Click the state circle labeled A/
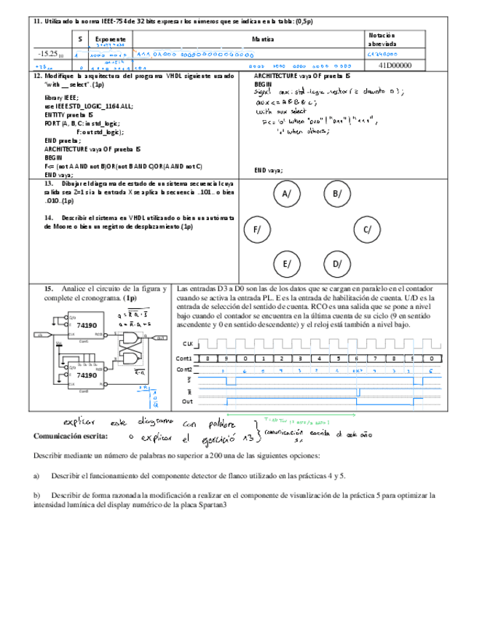pyautogui.click(x=287, y=194)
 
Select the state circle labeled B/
pyautogui.click(x=337, y=194)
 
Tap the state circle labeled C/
pyautogui.click(x=368, y=230)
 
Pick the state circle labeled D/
pyautogui.click(x=337, y=264)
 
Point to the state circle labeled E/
pyautogui.click(x=287, y=264)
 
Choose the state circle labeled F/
pyautogui.click(x=257, y=230)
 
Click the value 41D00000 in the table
pyautogui.click(x=395, y=66)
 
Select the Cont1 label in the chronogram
pyautogui.click(x=184, y=359)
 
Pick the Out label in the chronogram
pyautogui.click(x=189, y=401)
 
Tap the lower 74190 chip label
pyautogui.click(x=87, y=375)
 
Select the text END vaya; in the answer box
pyautogui.click(x=268, y=171)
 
